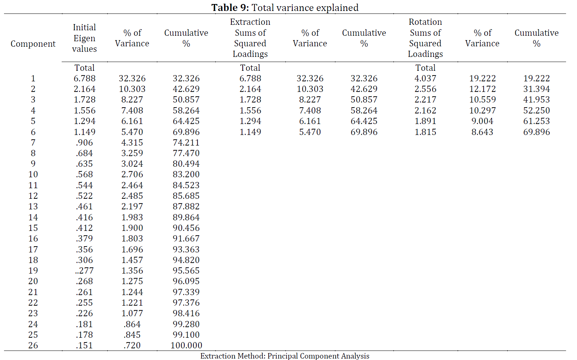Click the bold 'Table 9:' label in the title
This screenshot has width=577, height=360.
(x=230, y=8)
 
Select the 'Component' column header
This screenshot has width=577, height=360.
(x=33, y=44)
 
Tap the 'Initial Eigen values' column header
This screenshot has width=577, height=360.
(x=85, y=38)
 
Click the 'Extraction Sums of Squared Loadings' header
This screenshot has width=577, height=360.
(x=250, y=38)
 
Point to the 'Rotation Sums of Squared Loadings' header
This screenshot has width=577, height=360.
(x=425, y=38)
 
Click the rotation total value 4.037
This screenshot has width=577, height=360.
(x=425, y=78)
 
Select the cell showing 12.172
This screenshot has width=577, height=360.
(x=482, y=89)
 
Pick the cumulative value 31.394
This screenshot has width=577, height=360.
(x=536, y=89)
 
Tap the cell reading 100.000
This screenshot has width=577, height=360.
(x=186, y=345)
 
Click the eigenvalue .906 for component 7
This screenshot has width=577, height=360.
(x=85, y=143)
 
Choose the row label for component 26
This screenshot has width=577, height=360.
(x=33, y=345)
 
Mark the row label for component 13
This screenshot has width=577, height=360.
(x=33, y=206)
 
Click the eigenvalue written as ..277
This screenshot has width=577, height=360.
(x=85, y=271)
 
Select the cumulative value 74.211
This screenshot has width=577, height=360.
(x=186, y=143)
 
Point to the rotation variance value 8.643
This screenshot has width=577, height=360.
(x=482, y=132)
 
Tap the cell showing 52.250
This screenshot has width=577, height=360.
(x=536, y=111)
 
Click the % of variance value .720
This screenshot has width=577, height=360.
(x=132, y=345)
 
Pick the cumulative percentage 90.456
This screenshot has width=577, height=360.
(x=186, y=228)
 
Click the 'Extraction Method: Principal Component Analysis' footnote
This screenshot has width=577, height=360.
(x=285, y=356)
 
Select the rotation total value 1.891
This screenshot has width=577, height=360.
(x=425, y=121)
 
